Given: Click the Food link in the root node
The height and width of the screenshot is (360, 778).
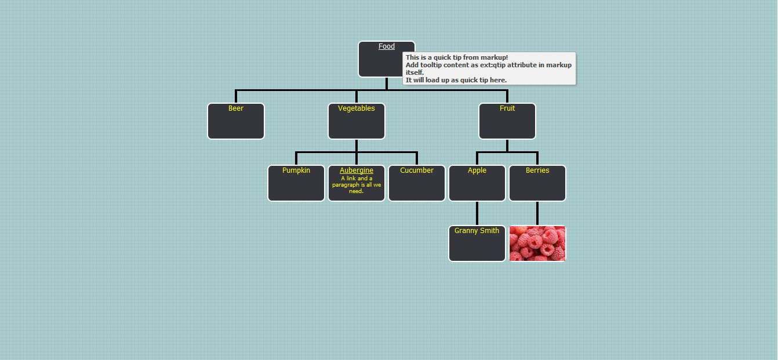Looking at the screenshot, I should point(386,46).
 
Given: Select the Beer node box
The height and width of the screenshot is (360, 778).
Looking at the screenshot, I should point(236,122).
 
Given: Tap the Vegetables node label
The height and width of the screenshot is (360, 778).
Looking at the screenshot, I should point(356,108).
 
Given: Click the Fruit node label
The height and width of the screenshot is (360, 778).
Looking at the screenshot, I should point(507,108).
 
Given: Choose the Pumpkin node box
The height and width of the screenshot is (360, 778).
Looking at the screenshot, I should point(296,184).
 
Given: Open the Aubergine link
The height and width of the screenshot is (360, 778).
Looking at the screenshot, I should point(356,170).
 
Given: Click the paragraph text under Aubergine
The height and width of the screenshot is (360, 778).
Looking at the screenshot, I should point(356,185).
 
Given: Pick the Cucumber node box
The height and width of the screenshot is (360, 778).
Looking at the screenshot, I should point(417,184).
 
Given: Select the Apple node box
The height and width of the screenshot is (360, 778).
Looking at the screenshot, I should point(477,184).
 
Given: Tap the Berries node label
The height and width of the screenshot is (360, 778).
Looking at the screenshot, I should point(537,170).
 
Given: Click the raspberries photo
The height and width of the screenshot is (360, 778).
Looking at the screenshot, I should point(537,243).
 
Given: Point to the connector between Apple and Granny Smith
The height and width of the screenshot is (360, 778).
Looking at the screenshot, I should point(477,213).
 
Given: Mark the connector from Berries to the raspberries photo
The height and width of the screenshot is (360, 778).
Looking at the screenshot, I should point(537,213).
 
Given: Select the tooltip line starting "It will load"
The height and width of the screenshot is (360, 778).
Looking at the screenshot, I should point(456,80).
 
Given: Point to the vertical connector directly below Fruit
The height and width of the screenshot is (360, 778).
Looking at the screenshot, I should point(507,145).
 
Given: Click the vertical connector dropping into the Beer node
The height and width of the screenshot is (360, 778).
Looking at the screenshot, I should point(236,97).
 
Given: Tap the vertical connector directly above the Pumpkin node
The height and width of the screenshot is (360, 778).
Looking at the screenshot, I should point(296,159).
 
